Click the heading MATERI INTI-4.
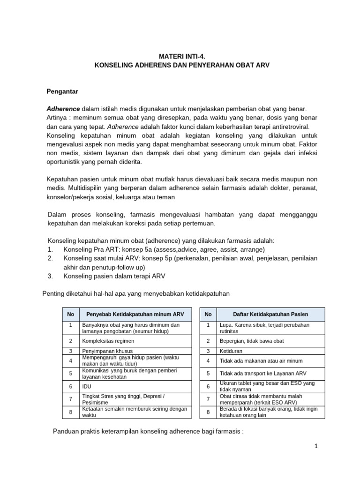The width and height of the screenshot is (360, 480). tap(180, 55)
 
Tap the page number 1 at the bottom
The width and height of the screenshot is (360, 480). tap(316, 446)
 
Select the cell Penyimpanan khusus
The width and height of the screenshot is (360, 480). tap(107, 351)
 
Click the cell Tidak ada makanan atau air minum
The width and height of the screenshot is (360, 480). tap(261, 361)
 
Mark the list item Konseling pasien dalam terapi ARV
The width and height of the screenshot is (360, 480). tap(114, 276)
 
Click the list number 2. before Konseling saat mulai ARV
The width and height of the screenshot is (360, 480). tap(51, 258)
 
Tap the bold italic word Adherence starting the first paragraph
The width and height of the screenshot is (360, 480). tap(63, 109)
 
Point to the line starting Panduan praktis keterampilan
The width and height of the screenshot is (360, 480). tap(148, 431)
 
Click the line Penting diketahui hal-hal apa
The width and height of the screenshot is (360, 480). tap(136, 293)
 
